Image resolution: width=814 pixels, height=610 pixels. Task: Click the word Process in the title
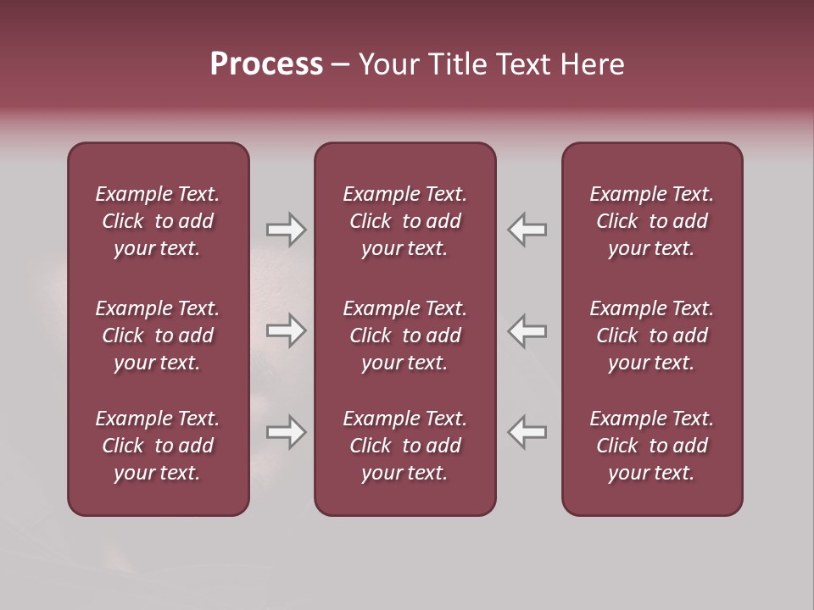(266, 64)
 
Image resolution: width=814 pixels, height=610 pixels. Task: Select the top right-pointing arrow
(287, 230)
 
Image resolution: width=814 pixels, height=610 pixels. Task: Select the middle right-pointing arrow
(287, 330)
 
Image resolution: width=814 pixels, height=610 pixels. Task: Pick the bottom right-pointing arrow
(287, 432)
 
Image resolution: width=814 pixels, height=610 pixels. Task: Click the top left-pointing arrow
(527, 230)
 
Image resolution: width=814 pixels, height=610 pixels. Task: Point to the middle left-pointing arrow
(527, 330)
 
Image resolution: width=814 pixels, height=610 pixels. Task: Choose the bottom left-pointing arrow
(527, 432)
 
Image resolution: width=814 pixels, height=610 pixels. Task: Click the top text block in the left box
(158, 221)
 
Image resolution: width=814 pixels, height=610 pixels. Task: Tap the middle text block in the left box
(158, 335)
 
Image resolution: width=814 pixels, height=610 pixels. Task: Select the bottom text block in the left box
(158, 446)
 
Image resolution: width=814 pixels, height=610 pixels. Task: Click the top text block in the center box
(404, 221)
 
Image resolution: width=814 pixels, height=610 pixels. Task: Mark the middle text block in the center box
(404, 335)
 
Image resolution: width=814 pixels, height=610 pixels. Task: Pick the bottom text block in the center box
(404, 446)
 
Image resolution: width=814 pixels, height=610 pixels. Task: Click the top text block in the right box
(651, 221)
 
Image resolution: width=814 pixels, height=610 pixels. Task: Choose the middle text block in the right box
(651, 335)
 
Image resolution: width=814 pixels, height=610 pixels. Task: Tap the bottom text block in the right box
(651, 446)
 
